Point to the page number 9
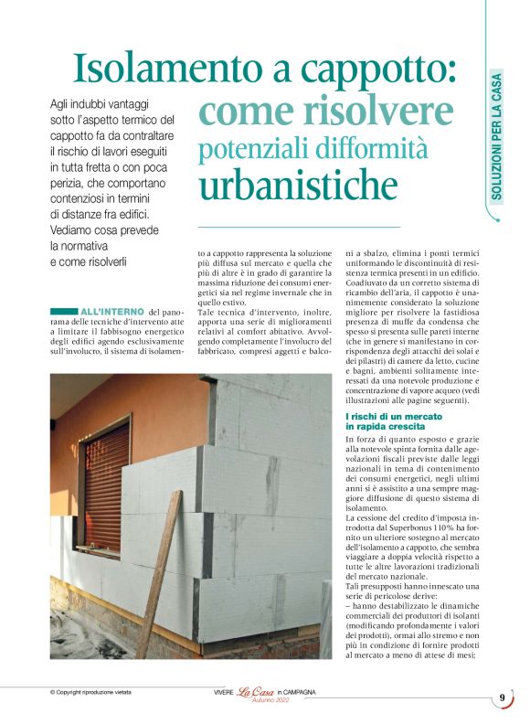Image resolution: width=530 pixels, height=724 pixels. (502, 698)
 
